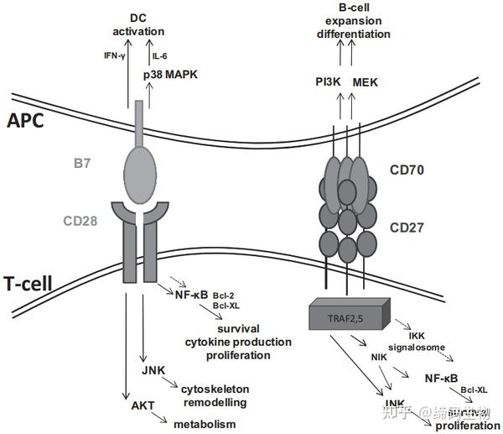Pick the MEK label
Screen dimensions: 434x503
[x=366, y=81]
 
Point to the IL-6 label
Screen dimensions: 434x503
[x=160, y=56]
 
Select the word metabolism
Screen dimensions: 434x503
[x=205, y=425]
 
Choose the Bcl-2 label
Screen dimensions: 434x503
[x=223, y=295]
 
